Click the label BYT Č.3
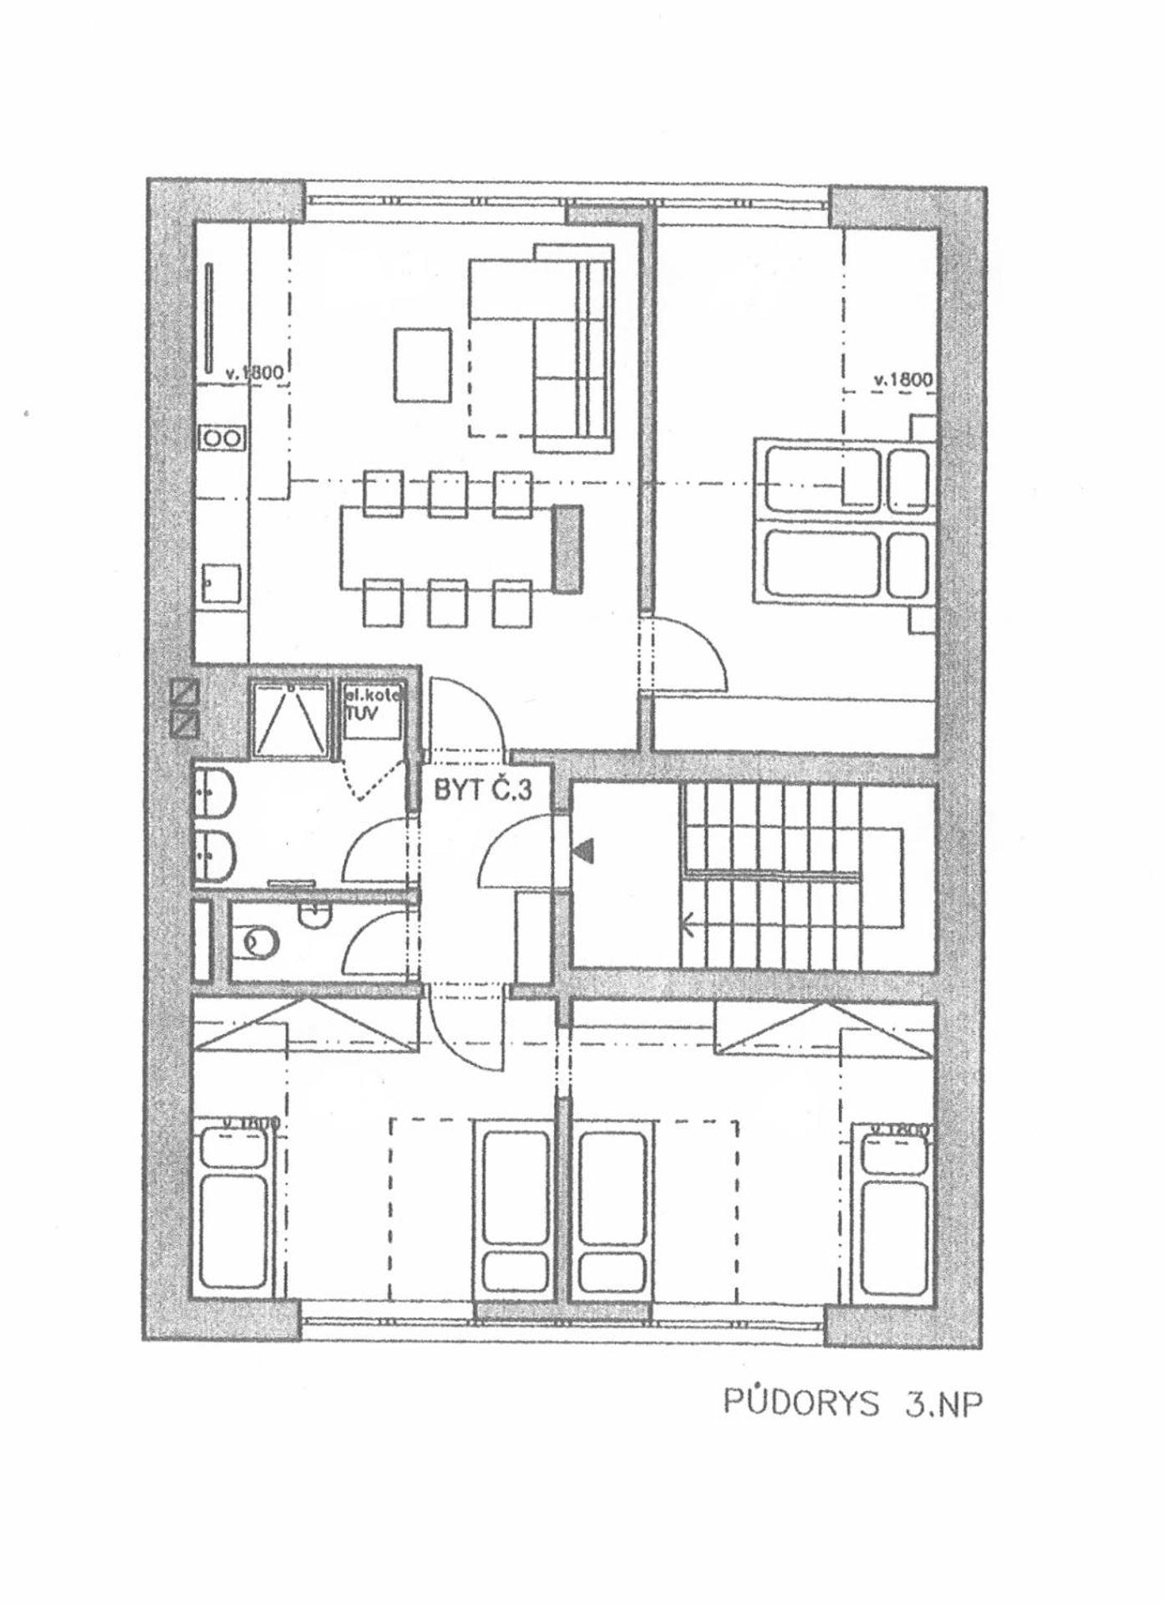(482, 790)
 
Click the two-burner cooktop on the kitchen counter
(222, 438)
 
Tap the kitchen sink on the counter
(221, 583)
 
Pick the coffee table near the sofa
(422, 365)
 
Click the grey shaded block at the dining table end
(570, 549)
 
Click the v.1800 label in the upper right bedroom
(902, 380)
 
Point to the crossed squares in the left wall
(184, 708)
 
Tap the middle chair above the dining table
(448, 494)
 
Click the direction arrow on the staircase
(689, 924)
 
